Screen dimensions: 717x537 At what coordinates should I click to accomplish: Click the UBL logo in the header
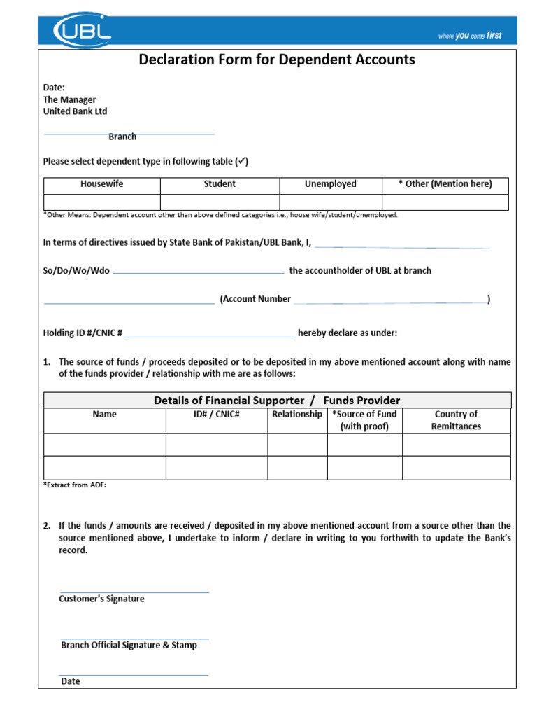tap(83, 30)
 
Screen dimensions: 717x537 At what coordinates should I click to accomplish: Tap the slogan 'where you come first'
tap(469, 36)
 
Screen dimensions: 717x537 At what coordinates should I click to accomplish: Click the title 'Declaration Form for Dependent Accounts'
tap(277, 60)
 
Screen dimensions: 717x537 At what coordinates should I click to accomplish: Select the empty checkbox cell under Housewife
tap(102, 202)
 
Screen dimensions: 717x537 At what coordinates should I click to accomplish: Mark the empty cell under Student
tap(220, 202)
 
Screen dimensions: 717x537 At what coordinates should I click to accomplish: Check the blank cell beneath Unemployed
tap(330, 202)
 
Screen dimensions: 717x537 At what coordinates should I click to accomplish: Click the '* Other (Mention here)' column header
tap(445, 184)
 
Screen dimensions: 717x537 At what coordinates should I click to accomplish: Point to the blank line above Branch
tap(129, 133)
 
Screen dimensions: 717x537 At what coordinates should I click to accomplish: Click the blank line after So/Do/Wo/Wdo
tap(199, 272)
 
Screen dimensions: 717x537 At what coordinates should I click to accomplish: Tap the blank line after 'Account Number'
tap(389, 302)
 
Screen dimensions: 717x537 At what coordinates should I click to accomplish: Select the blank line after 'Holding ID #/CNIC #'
tap(210, 336)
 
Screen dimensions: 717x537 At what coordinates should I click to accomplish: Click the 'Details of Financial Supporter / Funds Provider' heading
tap(277, 401)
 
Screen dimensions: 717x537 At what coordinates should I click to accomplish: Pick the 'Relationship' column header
tap(297, 415)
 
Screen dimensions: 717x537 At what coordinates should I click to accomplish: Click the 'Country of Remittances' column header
tap(456, 420)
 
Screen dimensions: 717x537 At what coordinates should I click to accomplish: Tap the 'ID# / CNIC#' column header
tap(216, 415)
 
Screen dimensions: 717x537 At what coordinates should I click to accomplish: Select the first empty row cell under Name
tap(105, 445)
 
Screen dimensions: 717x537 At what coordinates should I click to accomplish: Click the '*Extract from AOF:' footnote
tap(75, 485)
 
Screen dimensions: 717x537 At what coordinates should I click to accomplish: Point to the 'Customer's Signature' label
tap(101, 599)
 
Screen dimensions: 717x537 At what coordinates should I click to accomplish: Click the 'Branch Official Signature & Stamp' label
tap(129, 646)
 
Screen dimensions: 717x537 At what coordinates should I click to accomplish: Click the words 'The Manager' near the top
tap(69, 100)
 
